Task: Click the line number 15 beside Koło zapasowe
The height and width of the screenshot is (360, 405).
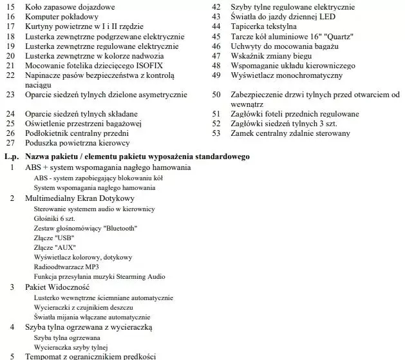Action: pyautogui.click(x=10, y=6)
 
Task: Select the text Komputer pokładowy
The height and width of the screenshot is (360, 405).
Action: pyautogui.click(x=61, y=16)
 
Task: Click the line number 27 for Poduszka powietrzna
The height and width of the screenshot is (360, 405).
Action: pyautogui.click(x=10, y=143)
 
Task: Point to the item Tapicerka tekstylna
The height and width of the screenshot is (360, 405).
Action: pyautogui.click(x=263, y=26)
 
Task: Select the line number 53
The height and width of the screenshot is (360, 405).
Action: pyautogui.click(x=216, y=133)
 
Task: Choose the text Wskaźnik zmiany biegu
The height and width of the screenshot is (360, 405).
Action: pyautogui.click(x=270, y=56)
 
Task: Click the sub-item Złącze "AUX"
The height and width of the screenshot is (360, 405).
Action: pyautogui.click(x=55, y=248)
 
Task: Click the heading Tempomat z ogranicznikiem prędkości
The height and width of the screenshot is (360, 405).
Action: pyautogui.click(x=90, y=357)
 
